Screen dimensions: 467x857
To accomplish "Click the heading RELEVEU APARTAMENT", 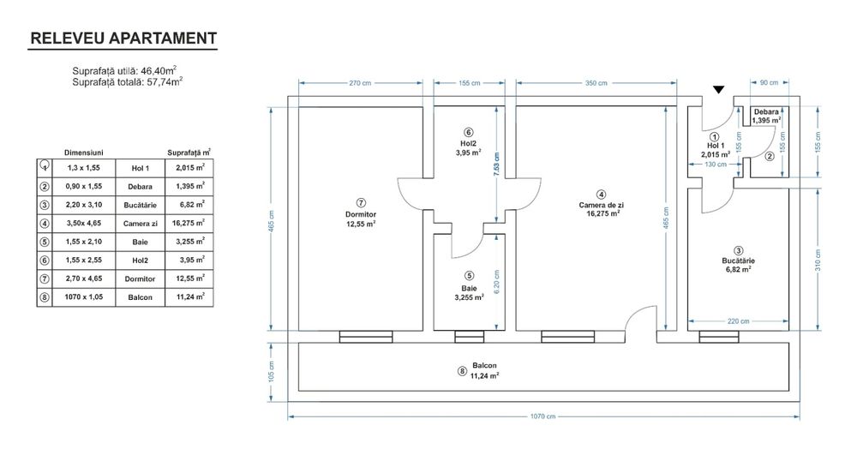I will tap(123, 39).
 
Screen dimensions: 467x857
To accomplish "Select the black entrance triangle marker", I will tap(719, 89).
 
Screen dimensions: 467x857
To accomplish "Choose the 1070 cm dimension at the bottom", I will tap(542, 416).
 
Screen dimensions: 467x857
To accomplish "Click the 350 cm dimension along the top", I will tap(596, 83).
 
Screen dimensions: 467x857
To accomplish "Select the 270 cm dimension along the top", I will tap(360, 83).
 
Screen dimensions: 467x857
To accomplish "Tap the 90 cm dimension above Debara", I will tap(769, 83).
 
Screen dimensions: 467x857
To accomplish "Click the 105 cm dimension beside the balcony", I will tap(271, 369).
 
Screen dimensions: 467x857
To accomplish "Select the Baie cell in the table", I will tap(140, 241).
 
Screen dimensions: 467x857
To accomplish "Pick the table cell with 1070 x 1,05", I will tap(84, 297).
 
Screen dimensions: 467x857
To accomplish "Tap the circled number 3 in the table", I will tap(44, 204).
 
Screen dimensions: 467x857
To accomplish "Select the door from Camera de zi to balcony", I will tap(640, 321).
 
